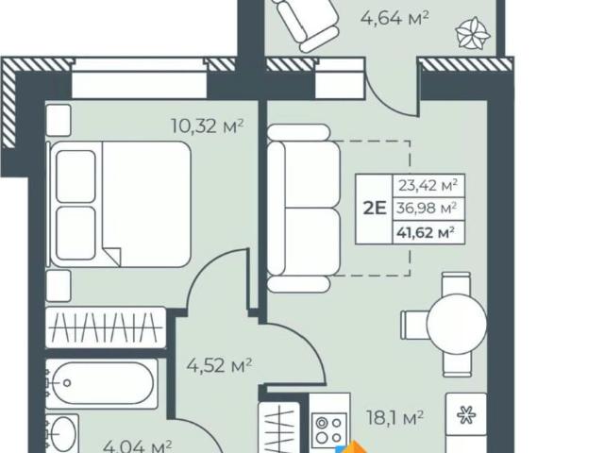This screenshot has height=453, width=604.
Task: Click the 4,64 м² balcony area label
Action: point(394,18)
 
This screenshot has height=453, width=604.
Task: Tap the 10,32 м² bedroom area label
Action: point(208,126)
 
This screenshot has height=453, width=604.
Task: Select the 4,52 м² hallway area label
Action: point(219,365)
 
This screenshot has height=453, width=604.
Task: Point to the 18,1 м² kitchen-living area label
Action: point(394,417)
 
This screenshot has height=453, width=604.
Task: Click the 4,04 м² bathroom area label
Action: point(137,446)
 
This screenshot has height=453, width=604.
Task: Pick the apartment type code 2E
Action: point(375,209)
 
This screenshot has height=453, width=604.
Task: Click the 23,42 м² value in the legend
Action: point(428,186)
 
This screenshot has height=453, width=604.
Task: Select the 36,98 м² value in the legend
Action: point(427,209)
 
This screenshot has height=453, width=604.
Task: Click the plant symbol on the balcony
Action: point(473,33)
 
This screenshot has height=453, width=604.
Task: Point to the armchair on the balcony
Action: point(307,23)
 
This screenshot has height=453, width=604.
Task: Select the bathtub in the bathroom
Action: point(102,383)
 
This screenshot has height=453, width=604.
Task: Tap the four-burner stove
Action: point(329,430)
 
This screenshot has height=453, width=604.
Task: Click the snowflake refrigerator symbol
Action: point(466,415)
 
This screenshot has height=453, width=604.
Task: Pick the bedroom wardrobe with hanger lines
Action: point(106,327)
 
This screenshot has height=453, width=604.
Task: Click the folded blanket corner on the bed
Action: point(112,256)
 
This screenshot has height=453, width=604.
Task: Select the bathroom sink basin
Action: point(63,434)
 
